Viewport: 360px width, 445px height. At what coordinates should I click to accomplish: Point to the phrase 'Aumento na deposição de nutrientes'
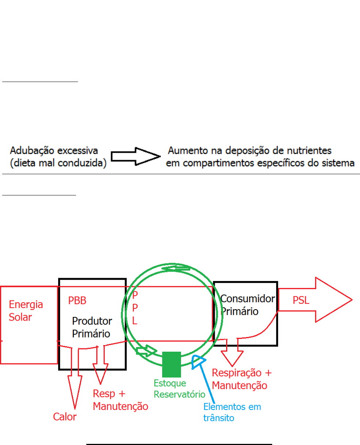[x=250, y=150]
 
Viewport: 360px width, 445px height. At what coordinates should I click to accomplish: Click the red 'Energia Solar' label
[x=26, y=310]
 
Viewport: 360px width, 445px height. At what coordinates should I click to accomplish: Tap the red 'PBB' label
[x=77, y=300]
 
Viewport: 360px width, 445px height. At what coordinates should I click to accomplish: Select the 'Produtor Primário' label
[x=91, y=327]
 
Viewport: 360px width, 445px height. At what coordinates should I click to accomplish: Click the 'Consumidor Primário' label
[x=247, y=305]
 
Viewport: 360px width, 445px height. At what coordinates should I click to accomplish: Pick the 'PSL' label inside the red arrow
[x=301, y=300]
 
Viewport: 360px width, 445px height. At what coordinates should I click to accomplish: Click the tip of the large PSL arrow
[x=350, y=300]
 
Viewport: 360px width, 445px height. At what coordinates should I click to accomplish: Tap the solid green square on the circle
[x=172, y=364]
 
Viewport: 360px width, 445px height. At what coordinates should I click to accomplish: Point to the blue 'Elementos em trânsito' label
[x=232, y=412]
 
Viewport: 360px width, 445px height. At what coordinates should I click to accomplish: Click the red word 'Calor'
[x=65, y=416]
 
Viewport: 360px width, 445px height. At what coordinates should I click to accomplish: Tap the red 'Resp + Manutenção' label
[x=120, y=400]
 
